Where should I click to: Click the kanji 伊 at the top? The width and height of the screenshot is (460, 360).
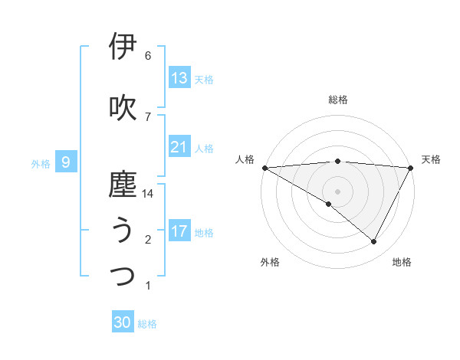click(123, 46)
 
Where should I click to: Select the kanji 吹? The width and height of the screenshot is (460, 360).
click(123, 107)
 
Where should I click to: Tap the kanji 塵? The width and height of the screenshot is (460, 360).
click(123, 185)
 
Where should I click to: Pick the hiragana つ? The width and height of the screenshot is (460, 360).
click(123, 276)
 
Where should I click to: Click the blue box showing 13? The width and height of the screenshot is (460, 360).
click(179, 78)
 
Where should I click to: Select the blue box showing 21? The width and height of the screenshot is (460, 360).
click(179, 147)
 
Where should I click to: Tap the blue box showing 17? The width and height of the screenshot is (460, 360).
click(179, 231)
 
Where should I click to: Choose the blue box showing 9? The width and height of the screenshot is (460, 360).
click(66, 162)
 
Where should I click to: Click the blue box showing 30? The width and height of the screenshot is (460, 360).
click(123, 322)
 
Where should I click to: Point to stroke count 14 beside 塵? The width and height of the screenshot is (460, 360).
click(148, 194)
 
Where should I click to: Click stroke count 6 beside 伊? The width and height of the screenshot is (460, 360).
click(148, 55)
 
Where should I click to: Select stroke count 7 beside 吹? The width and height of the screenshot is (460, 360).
click(148, 116)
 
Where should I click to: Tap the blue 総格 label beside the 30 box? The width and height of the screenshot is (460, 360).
click(148, 324)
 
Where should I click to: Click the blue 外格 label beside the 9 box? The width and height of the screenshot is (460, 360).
click(41, 163)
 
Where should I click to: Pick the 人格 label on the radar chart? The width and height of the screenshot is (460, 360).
click(245, 159)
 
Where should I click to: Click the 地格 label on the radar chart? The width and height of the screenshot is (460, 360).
click(402, 262)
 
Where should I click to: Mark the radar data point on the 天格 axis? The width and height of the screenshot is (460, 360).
click(411, 167)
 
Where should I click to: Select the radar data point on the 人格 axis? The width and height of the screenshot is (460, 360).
click(264, 167)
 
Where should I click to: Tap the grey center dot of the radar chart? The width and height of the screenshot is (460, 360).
click(337, 191)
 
